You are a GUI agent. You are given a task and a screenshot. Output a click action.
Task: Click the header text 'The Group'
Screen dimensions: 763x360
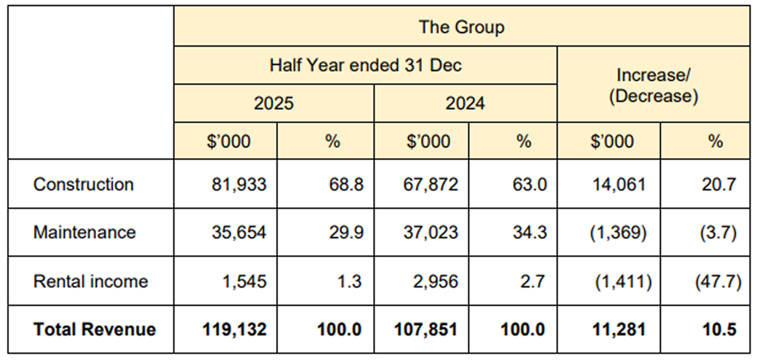(x=461, y=27)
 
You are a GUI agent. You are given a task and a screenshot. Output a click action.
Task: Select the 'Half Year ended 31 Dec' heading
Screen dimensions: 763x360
(x=366, y=65)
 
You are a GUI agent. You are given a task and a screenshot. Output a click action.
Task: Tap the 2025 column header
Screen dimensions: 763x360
(x=273, y=103)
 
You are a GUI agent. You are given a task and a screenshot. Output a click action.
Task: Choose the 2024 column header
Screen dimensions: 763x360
(x=465, y=103)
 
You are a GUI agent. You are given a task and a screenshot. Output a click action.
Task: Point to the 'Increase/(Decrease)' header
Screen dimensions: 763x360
(x=653, y=85)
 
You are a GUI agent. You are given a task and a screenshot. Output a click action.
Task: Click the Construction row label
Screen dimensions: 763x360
(x=84, y=184)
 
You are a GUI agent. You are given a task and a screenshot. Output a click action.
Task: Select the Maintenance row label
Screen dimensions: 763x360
(x=85, y=232)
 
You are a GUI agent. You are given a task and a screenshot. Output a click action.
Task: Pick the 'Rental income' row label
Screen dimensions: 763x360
(x=90, y=281)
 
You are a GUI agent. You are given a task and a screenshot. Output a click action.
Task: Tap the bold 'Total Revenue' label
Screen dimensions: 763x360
(x=95, y=329)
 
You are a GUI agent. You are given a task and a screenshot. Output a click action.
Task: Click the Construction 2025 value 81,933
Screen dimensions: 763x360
(x=239, y=185)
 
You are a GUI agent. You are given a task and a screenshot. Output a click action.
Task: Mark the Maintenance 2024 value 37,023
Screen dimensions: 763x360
(x=431, y=233)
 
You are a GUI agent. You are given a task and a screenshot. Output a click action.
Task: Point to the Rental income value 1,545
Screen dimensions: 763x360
(x=245, y=282)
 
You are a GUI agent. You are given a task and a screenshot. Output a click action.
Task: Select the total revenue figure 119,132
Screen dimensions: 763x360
(x=234, y=330)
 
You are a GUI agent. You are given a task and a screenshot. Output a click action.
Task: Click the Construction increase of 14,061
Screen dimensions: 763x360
(x=619, y=185)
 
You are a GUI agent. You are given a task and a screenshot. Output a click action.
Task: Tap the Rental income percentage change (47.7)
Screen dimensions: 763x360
(x=718, y=282)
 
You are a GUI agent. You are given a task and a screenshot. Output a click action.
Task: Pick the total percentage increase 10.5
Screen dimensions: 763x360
(x=719, y=330)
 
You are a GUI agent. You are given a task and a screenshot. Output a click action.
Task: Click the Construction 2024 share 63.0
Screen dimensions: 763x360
(x=530, y=184)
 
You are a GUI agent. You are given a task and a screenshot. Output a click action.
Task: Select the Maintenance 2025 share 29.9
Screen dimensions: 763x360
(x=346, y=233)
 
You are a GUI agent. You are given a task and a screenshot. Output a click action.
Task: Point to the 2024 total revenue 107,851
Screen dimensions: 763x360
(x=426, y=330)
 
